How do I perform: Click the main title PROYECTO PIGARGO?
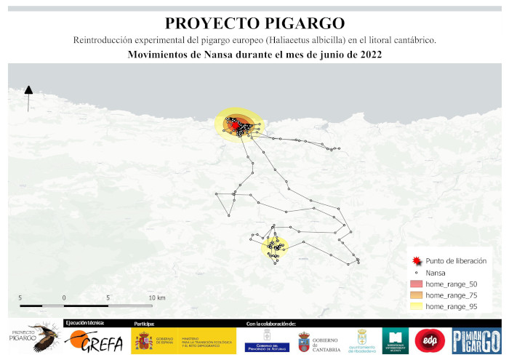tap(254, 23)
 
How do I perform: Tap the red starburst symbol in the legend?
tap(415, 260)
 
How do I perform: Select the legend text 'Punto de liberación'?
tap(456, 260)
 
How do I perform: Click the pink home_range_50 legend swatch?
tap(415, 284)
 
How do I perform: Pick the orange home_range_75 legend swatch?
tap(415, 295)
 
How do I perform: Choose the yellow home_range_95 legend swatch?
tap(415, 307)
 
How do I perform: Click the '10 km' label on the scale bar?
tap(156, 298)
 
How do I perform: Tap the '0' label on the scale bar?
tap(64, 298)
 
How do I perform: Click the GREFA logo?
tap(93, 340)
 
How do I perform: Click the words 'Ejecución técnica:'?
tap(84, 322)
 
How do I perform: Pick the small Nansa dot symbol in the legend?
tap(415, 272)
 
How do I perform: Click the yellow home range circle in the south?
tap(275, 248)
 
